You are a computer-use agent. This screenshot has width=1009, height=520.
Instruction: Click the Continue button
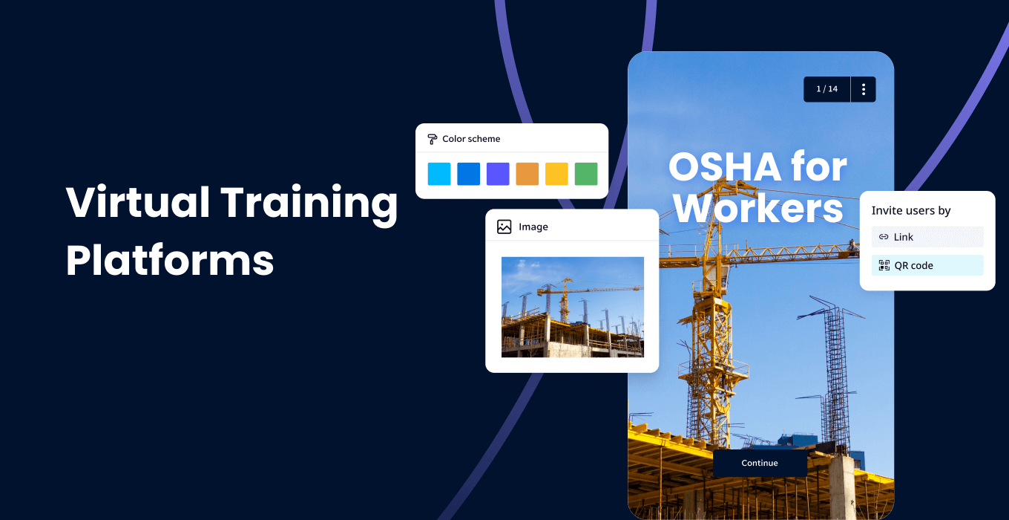tap(760, 463)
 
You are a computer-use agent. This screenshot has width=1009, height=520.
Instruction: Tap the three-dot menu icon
tap(864, 89)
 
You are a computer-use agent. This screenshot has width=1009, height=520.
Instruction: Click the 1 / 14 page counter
tap(826, 89)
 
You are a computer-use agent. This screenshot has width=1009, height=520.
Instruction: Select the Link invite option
tap(927, 237)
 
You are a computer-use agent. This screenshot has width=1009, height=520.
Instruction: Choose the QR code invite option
tap(927, 265)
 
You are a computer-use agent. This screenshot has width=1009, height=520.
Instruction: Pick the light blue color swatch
tap(439, 174)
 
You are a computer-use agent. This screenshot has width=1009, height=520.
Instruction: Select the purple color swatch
tap(498, 174)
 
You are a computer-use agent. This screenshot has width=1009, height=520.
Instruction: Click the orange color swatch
tap(527, 174)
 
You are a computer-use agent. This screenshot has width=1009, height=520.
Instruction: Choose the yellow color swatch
tap(556, 174)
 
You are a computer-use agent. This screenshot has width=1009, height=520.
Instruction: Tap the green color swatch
tap(586, 174)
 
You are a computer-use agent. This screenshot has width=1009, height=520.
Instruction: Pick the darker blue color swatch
tap(468, 174)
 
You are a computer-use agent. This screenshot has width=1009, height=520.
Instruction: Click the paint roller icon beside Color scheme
tap(432, 139)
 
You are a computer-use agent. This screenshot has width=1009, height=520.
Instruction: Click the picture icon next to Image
tap(504, 227)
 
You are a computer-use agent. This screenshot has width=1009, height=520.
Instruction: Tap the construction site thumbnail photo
tap(572, 307)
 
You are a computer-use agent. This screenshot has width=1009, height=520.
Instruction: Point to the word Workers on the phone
tap(758, 208)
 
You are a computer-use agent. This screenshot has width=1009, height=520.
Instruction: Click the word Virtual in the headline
tap(137, 202)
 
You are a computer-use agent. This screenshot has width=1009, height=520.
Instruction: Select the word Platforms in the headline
tap(170, 261)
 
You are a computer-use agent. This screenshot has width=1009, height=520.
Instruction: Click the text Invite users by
tap(910, 211)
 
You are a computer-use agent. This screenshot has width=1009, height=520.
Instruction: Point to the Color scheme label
tap(471, 139)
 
